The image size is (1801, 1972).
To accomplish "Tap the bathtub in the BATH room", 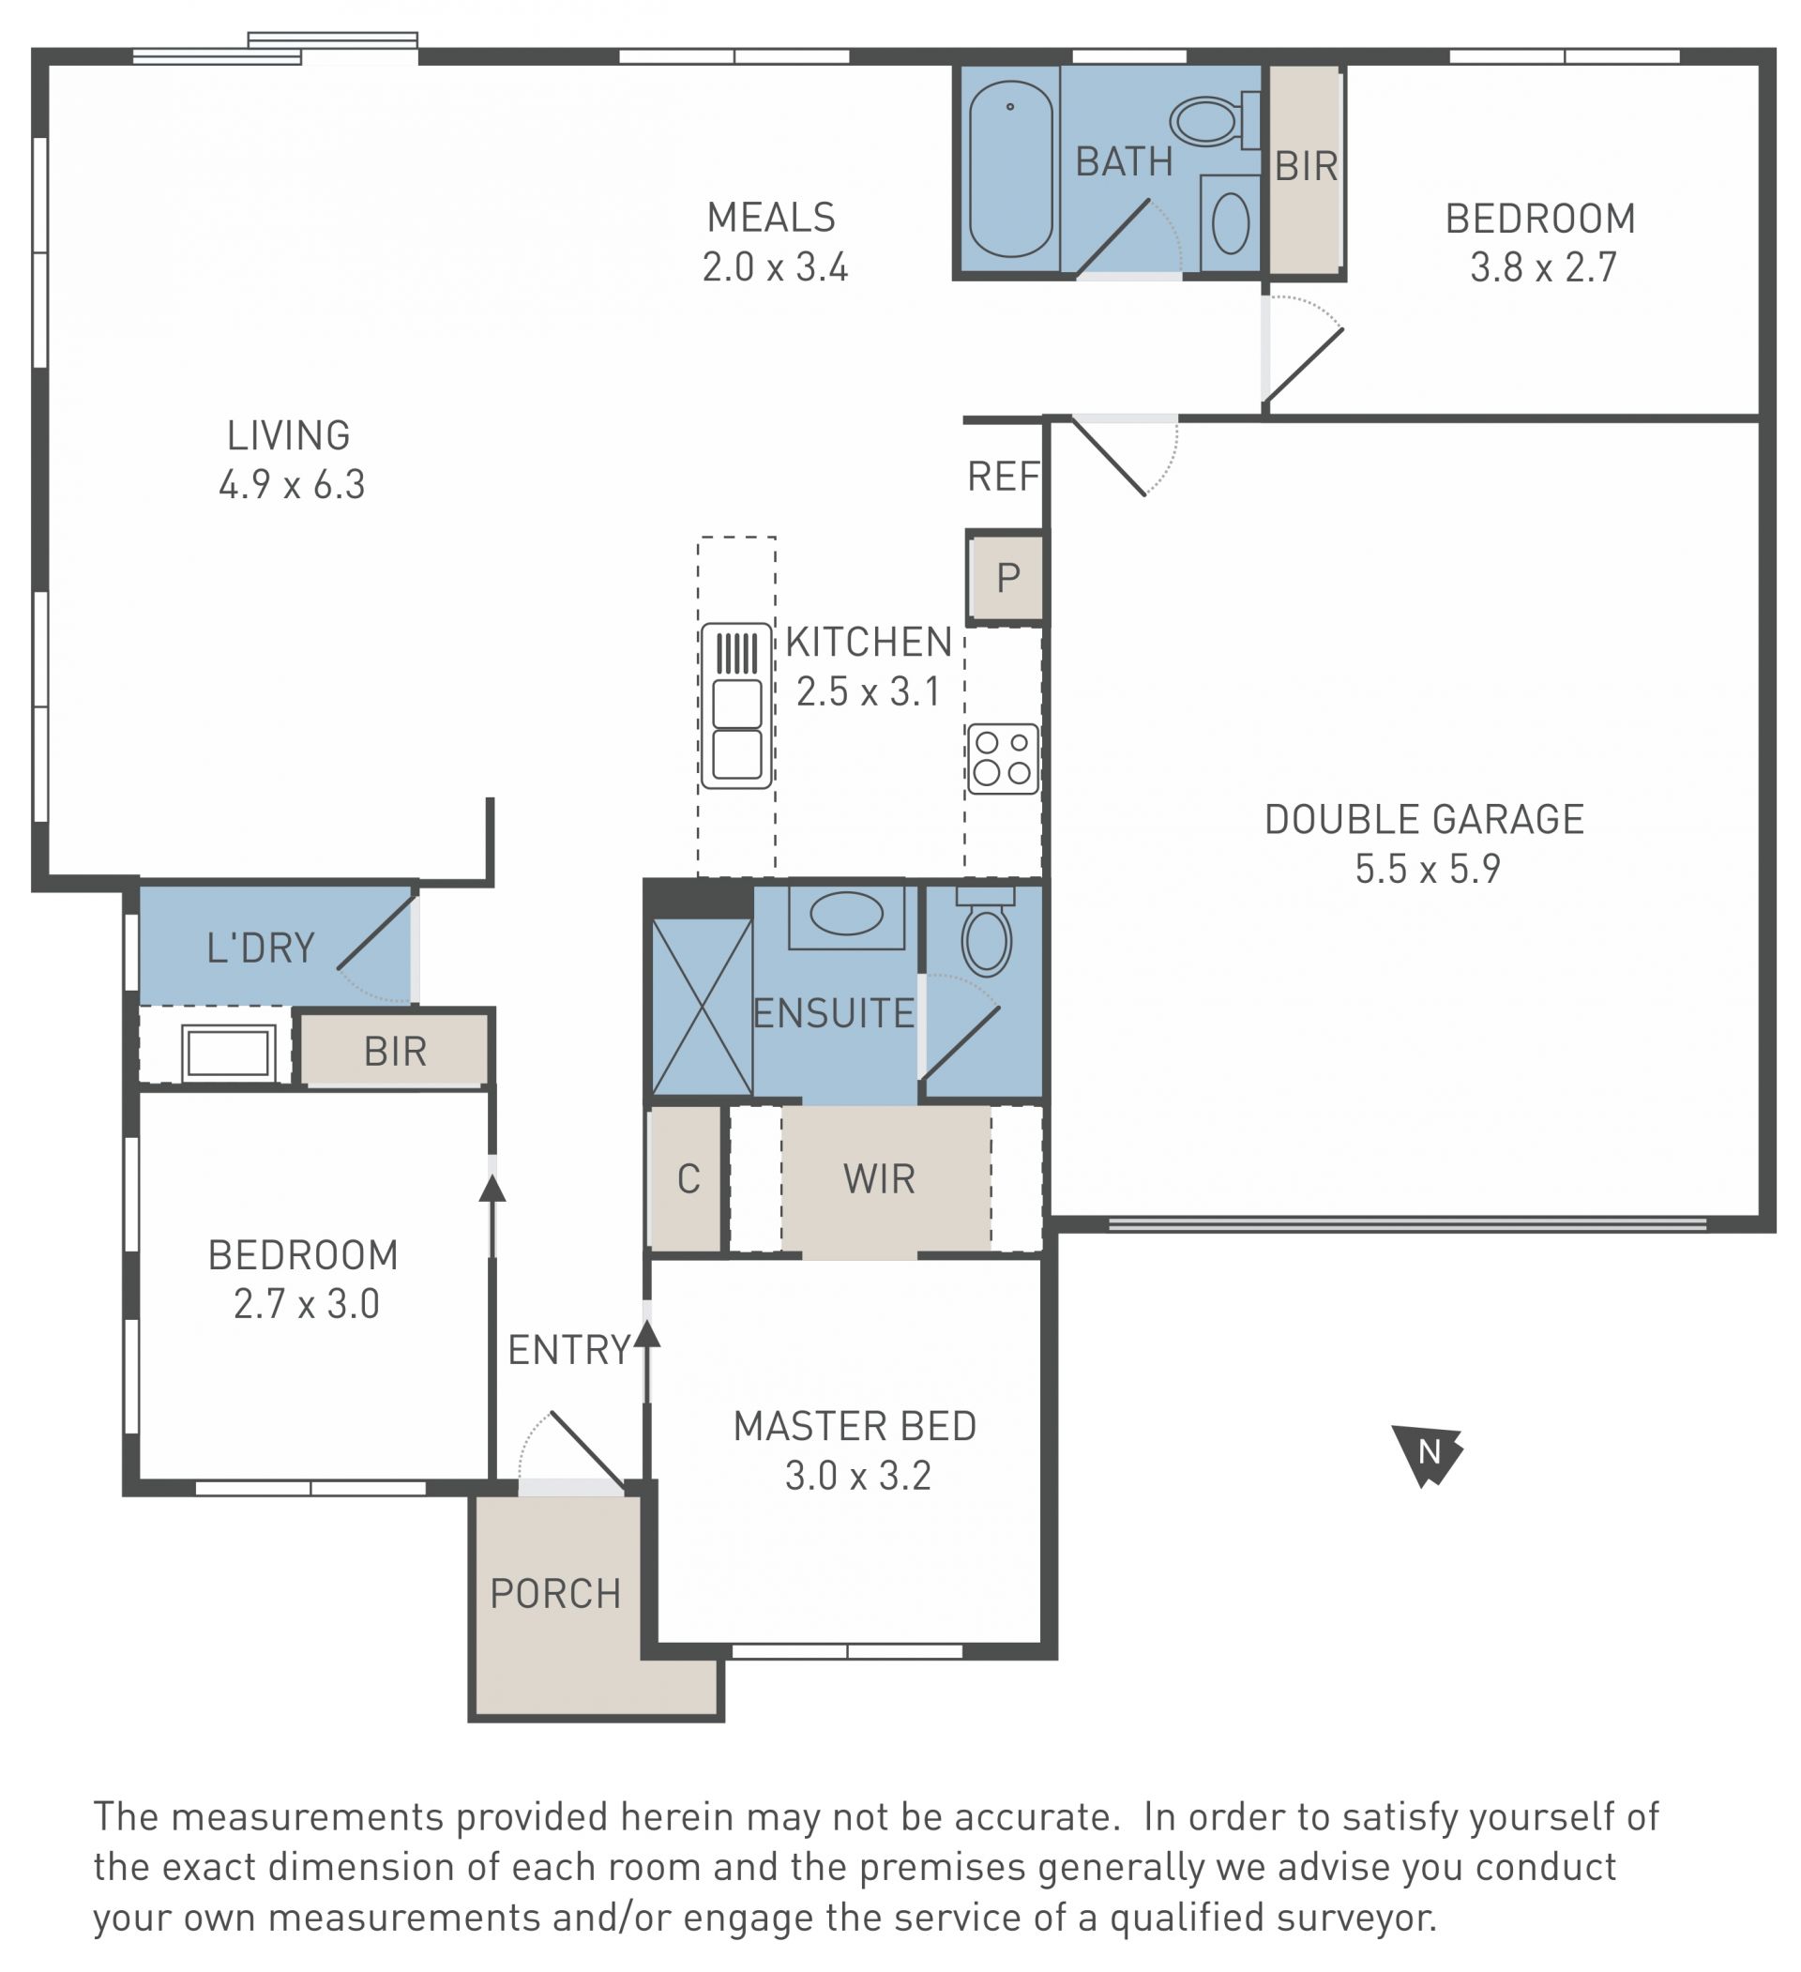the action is [x=1010, y=168].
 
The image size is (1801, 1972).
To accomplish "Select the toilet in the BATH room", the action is [x=1215, y=120].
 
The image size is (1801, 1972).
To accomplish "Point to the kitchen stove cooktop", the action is [x=1003, y=759].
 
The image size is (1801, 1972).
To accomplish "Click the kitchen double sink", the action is [x=736, y=705].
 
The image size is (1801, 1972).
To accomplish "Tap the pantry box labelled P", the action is [x=1006, y=578].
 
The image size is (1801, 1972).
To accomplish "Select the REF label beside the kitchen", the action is [x=1003, y=477].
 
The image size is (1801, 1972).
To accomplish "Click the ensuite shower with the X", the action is [x=702, y=1007].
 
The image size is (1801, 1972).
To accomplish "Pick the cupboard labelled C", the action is [x=687, y=1178].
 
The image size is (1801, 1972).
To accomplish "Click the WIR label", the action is [x=879, y=1179].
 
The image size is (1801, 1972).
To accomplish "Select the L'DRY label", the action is [x=260, y=948].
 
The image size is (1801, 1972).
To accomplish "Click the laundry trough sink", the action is [x=228, y=1054].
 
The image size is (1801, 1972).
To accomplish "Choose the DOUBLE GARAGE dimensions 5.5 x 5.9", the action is [x=1427, y=869].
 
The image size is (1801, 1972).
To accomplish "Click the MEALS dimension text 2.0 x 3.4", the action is [x=774, y=267].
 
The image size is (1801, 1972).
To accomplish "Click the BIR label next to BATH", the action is [x=1306, y=167].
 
